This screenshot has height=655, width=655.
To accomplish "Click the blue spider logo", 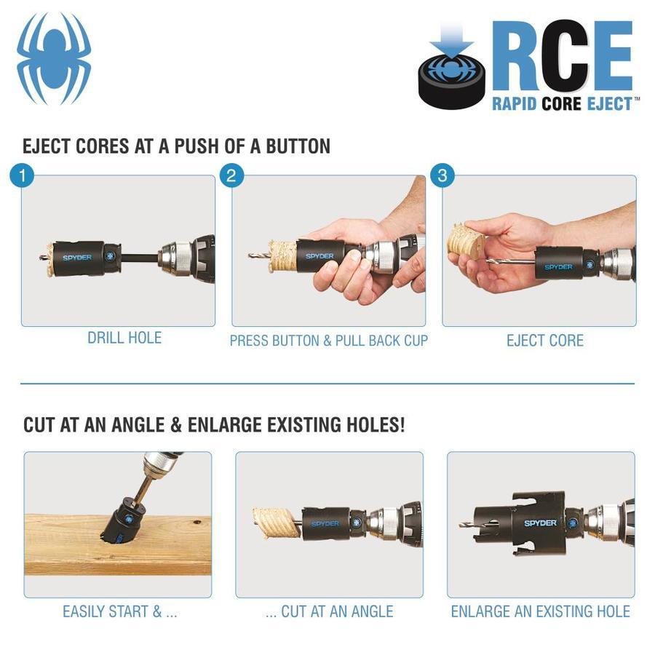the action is (54, 58).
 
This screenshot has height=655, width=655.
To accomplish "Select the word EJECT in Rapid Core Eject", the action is (609, 103).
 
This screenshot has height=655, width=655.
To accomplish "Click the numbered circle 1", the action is (22, 175).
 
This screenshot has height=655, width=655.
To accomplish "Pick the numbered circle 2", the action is (231, 175).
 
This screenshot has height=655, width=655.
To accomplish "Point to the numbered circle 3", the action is (442, 175).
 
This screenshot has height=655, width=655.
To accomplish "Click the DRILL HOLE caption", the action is (124, 338).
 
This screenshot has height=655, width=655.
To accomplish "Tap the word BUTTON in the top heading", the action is (298, 146).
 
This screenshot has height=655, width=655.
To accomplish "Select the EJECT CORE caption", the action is (545, 341).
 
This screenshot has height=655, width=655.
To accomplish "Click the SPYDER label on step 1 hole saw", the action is (77, 258).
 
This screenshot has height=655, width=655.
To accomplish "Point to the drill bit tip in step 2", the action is (250, 255).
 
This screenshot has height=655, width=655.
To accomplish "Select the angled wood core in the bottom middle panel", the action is (276, 522).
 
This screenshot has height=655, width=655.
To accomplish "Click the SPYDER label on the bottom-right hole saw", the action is (540, 523).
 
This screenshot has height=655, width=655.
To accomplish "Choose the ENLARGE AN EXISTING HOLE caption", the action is (541, 611).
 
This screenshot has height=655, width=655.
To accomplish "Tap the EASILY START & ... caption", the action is (120, 611).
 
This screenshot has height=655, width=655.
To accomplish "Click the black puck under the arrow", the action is (452, 81).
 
